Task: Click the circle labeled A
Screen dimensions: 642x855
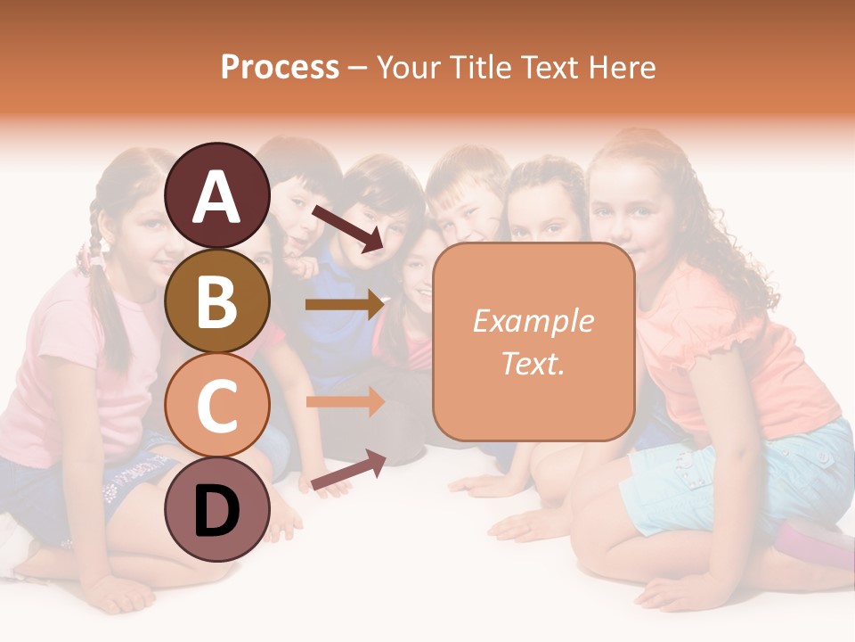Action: pos(217,195)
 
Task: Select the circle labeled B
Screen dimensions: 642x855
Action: pos(217,300)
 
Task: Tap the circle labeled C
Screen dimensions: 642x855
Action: pos(217,405)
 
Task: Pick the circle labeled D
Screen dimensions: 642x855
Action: pos(217,509)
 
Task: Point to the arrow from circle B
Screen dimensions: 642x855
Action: pos(344,305)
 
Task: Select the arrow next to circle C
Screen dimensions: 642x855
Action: pos(344,402)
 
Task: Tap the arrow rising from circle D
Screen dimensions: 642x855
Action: pos(347,472)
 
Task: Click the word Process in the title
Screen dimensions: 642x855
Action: pos(280,67)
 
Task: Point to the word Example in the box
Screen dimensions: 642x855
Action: pos(533,321)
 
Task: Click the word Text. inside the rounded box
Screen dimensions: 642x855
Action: pos(533,363)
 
